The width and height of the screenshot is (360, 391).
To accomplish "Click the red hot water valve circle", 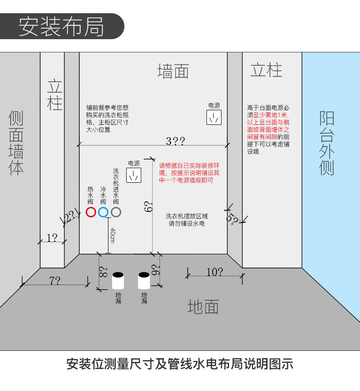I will [x=91, y=212].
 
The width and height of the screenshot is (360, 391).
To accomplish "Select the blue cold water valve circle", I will [x=103, y=212].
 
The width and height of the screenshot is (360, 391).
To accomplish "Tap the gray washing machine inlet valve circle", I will [x=116, y=212].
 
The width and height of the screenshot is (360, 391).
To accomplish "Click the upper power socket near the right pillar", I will [x=214, y=118].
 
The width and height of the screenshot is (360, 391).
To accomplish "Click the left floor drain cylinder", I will [x=118, y=281].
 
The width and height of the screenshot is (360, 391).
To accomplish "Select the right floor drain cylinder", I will [x=144, y=281].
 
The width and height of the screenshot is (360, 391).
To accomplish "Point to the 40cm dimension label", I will [x=112, y=235].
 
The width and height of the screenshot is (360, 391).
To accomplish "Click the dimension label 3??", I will [x=175, y=141].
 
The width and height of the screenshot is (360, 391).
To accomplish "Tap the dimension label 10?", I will [x=215, y=272].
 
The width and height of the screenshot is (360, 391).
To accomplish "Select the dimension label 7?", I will [x=55, y=281].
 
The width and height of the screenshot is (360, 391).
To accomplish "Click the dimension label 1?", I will [x=51, y=237].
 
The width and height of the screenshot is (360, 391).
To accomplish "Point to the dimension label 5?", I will [x=232, y=219].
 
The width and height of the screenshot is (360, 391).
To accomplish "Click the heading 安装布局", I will [x=62, y=26].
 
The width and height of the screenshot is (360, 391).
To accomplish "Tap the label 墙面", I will [x=173, y=72].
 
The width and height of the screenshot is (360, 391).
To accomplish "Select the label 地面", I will [x=203, y=307].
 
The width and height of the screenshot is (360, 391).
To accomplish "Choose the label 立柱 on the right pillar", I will [x=266, y=71].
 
